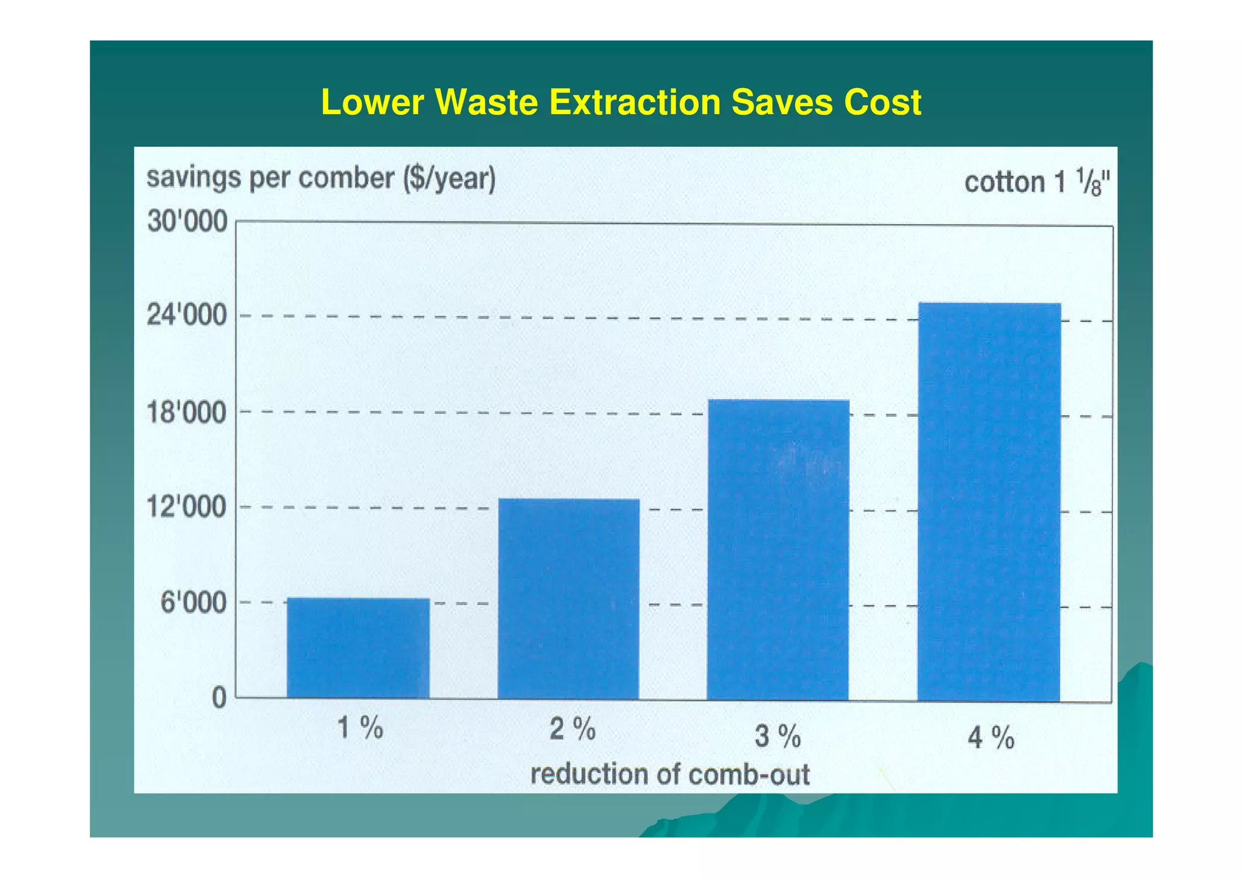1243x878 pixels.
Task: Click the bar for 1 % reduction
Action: (358, 648)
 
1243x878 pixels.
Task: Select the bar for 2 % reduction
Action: (568, 598)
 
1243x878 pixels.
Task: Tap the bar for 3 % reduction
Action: (778, 549)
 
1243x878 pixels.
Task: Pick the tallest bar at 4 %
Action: (989, 501)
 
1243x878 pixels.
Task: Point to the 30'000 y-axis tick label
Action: (188, 222)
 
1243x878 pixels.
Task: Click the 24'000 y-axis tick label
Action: (188, 316)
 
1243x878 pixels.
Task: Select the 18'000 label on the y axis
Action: (188, 413)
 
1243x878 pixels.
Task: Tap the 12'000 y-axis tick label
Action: (188, 507)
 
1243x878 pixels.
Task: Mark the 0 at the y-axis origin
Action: (219, 698)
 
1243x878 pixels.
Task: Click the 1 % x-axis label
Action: (361, 728)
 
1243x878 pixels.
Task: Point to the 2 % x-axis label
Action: (572, 729)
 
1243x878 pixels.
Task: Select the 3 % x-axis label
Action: (777, 737)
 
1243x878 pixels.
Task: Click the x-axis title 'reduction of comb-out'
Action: (670, 775)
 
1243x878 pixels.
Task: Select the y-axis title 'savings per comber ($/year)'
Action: (321, 179)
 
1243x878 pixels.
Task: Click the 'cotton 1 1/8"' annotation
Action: (1037, 182)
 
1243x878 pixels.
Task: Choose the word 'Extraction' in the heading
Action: (635, 102)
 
